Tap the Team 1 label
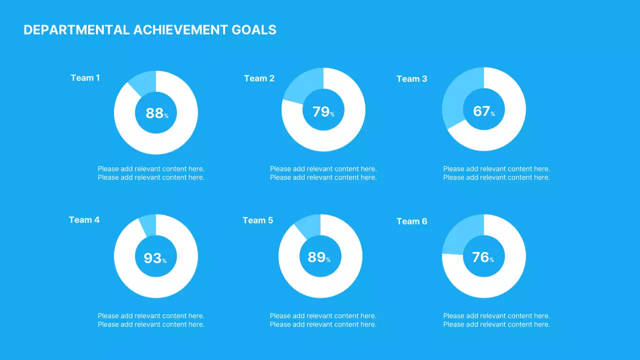(85, 78)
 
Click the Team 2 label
(259, 78)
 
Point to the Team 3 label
(411, 79)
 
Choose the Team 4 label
(84, 220)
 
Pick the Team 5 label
(257, 220)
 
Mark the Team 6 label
(411, 221)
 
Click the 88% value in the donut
(156, 113)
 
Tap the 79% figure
(323, 112)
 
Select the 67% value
(483, 111)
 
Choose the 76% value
(482, 257)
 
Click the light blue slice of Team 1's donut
(144, 81)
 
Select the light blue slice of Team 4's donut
(148, 223)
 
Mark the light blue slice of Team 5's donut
(309, 224)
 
